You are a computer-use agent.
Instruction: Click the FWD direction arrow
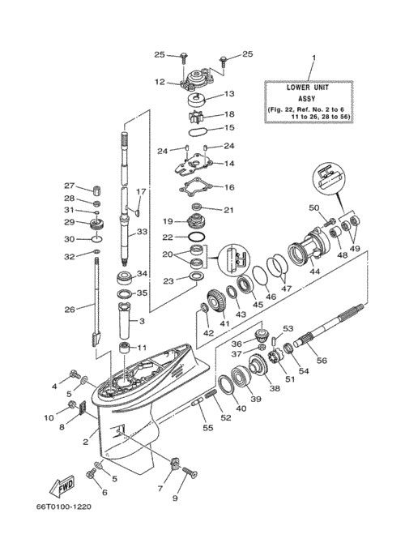coord(62,486)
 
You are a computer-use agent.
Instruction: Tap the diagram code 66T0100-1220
coord(63,507)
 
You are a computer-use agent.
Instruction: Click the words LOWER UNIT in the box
coord(308,88)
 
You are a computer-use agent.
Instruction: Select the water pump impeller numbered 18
coord(195,117)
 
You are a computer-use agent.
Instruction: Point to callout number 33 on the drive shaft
coord(142,232)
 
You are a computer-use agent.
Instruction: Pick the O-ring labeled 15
coord(198,131)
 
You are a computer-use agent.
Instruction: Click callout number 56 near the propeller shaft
coord(322,360)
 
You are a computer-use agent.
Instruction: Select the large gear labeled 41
coord(216,301)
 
